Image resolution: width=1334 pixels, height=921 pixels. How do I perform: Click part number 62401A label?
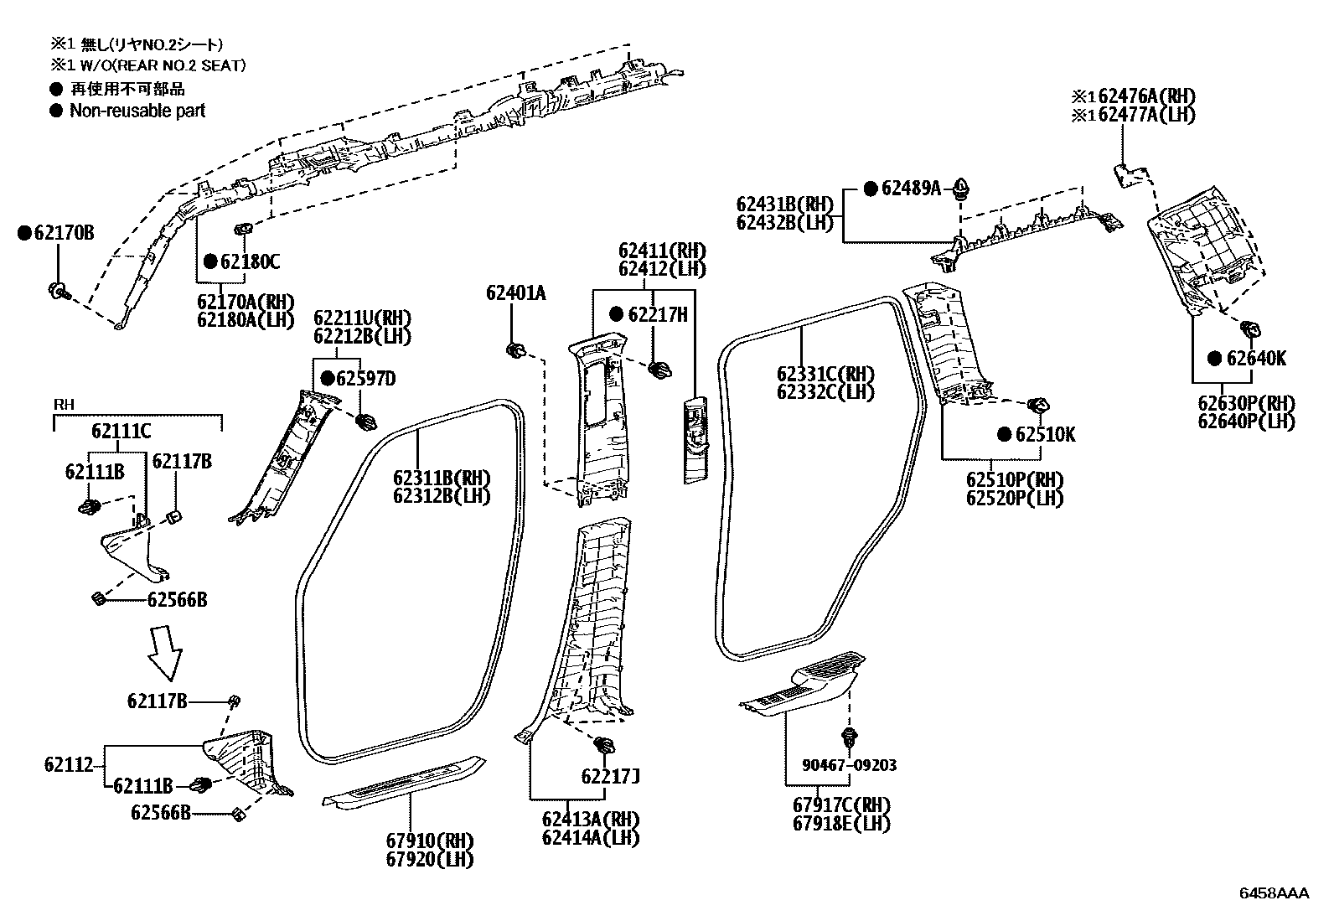pyautogui.click(x=515, y=292)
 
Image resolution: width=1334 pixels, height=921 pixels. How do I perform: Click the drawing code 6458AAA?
pyautogui.click(x=1274, y=893)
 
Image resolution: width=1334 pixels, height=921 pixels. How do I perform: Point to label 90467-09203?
pyautogui.click(x=848, y=765)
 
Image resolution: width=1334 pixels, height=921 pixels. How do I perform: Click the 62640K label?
pyautogui.click(x=1255, y=359)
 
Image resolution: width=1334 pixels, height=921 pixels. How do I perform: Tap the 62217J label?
pyautogui.click(x=611, y=776)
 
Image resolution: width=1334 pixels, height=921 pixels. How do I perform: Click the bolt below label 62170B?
pyautogui.click(x=58, y=291)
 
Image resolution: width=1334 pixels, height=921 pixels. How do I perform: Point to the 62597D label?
pyautogui.click(x=365, y=379)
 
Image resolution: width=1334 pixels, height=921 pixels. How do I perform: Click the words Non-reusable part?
pyautogui.click(x=137, y=111)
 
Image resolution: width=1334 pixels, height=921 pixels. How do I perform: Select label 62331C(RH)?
pyautogui.click(x=825, y=374)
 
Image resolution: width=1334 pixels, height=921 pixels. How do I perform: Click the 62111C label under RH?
pyautogui.click(x=121, y=431)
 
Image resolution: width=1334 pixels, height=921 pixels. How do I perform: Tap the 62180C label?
pyautogui.click(x=250, y=261)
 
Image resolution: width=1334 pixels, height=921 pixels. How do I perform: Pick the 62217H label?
pyautogui.click(x=657, y=314)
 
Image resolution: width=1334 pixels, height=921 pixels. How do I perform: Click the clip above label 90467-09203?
pyautogui.click(x=850, y=737)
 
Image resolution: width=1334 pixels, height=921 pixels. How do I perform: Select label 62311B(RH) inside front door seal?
pyautogui.click(x=442, y=478)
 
